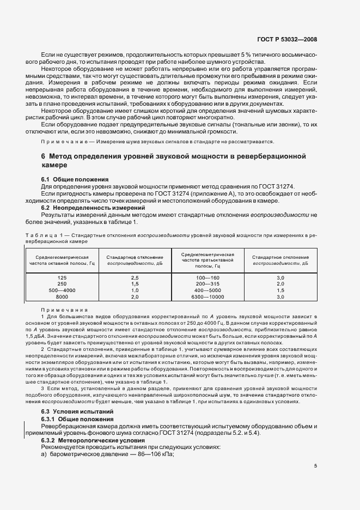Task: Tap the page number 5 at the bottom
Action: point(315,466)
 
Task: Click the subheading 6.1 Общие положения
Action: point(75,179)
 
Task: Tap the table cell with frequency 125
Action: point(62,277)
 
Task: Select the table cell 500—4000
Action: point(62,290)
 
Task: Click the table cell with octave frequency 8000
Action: point(62,297)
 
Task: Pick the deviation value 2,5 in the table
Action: point(135,277)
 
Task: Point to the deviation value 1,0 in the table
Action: point(135,290)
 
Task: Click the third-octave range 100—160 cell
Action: point(208,277)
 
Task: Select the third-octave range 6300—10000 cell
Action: point(208,297)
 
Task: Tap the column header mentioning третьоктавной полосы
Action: point(208,260)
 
